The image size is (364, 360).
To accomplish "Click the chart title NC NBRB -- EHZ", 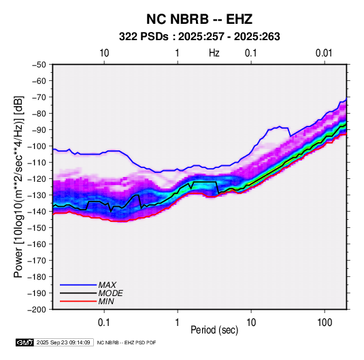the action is click(199, 19).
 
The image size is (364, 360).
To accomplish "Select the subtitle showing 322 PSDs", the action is click(199, 37).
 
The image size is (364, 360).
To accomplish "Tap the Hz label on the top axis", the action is click(214, 53).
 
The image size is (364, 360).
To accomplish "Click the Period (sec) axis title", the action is click(214, 330).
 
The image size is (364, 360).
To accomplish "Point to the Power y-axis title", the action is click(18, 186).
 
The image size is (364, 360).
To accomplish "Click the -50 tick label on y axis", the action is click(39, 65).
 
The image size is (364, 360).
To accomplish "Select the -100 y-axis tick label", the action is click(37, 146).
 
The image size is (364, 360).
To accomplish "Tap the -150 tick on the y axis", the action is click(37, 228).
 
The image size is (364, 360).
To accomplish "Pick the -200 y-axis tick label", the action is click(37, 310).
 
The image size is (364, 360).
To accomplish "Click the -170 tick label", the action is click(37, 261).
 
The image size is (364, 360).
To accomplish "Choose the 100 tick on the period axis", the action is click(325, 323).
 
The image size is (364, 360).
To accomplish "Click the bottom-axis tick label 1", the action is click(178, 323).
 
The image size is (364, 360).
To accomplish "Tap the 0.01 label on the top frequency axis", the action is click(324, 53).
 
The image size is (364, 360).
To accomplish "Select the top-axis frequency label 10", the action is click(104, 53).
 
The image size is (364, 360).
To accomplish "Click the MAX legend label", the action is click(107, 285).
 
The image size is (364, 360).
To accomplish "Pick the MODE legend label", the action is click(110, 293).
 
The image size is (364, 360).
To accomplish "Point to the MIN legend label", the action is click(106, 301).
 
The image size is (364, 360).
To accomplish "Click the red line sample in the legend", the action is click(78, 301).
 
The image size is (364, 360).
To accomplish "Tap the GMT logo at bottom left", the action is click(25, 342).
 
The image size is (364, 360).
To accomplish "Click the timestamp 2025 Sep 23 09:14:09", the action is click(63, 342).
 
